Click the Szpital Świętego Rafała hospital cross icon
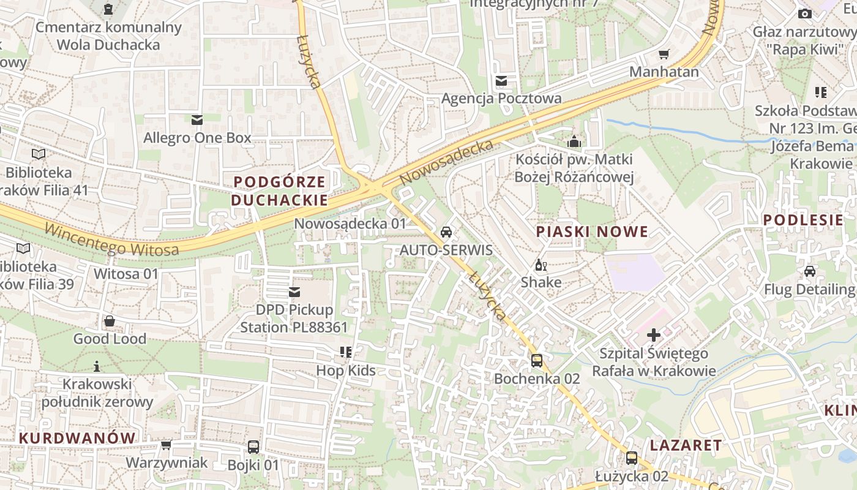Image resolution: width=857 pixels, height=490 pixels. pos(654,335)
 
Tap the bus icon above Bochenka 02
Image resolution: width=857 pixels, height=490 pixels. pos(537,361)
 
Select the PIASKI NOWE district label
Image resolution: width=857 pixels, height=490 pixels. pos(591,232)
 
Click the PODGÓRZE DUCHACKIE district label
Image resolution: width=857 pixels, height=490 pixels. pos(279,191)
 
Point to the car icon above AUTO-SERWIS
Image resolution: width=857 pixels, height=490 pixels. pos(446,232)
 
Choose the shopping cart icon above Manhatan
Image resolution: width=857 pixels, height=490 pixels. pos(664,54)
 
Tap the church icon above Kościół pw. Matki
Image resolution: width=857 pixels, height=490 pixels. pos(574,141)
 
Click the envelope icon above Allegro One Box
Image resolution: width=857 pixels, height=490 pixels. pos(197,119)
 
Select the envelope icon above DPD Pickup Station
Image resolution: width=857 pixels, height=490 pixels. pos(294,292)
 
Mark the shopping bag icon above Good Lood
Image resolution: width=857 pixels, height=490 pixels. pos(110,321)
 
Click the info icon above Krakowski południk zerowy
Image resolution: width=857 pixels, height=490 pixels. pos(97,366)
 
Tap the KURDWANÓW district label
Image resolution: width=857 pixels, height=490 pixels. pos(77,438)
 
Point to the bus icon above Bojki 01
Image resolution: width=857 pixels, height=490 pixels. pos(253,447)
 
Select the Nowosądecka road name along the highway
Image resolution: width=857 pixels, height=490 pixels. pos(446,162)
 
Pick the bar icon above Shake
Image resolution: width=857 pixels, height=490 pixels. pos(541,265)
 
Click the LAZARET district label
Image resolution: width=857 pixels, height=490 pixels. pos(686,445)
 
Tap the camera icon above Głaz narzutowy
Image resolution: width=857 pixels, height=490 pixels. pos(804,13)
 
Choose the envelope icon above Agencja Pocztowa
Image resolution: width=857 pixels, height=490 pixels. pos(501,81)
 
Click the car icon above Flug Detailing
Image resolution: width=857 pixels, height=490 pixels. pos(809,271)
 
